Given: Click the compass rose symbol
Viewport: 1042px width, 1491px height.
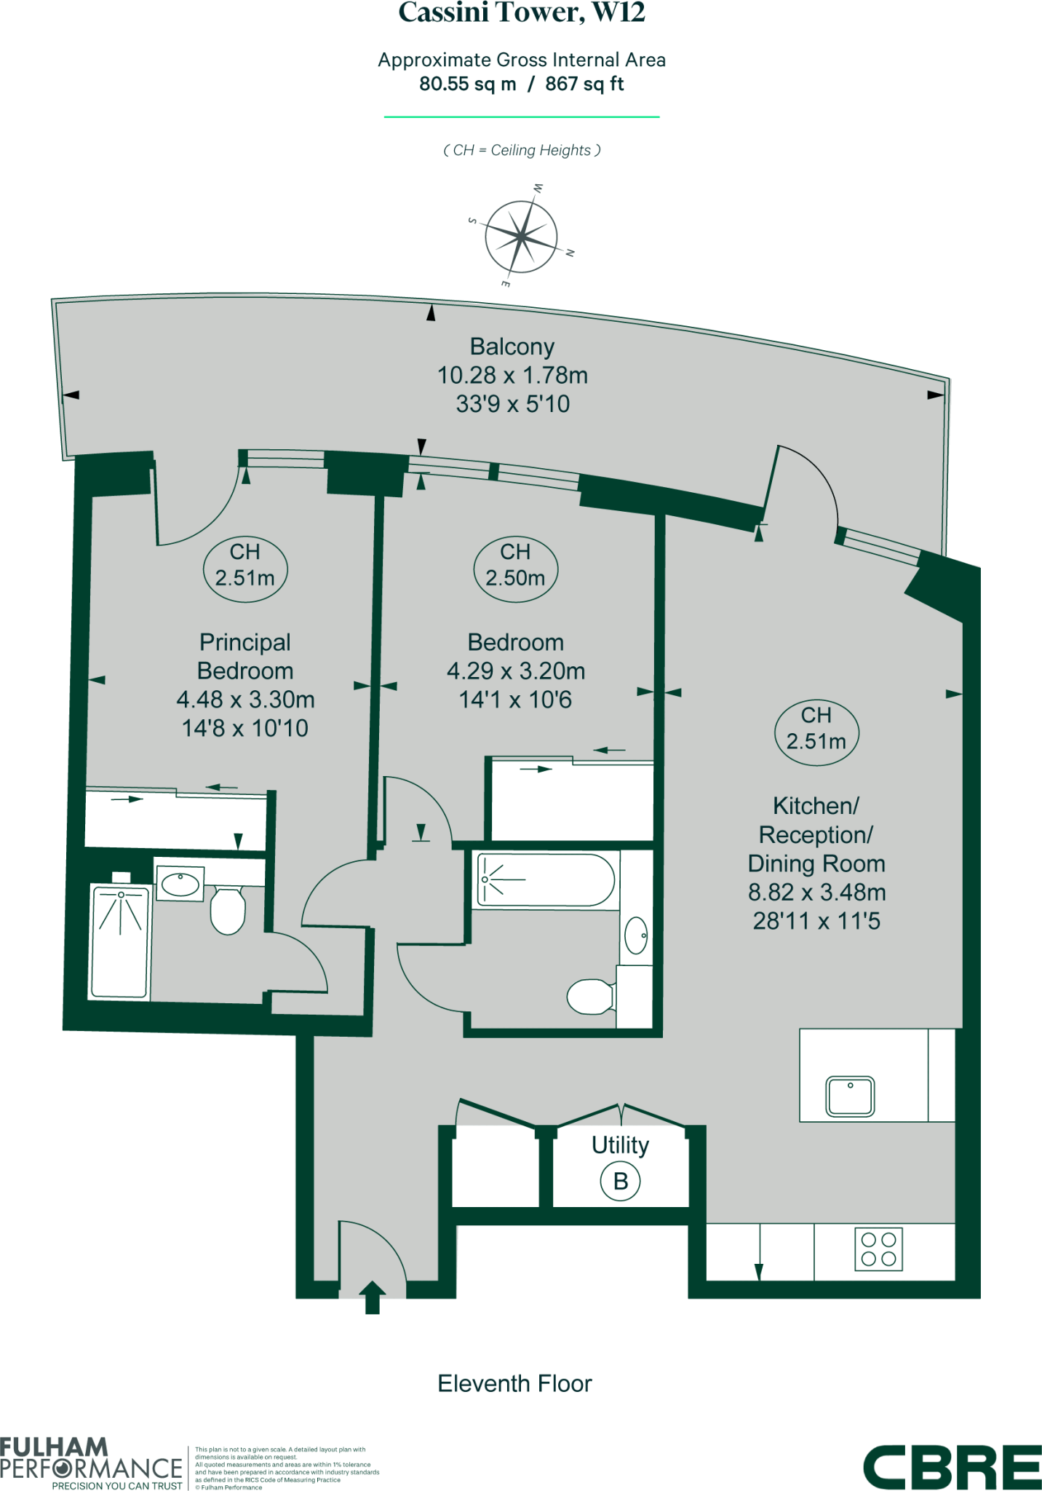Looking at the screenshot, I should pos(521,237).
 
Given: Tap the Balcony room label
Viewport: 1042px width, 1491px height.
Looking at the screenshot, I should pos(512,347).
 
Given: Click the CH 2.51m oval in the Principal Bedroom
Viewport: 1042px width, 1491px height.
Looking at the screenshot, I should pos(245,566).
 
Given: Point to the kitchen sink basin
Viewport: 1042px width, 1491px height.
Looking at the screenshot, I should pos(850,1096).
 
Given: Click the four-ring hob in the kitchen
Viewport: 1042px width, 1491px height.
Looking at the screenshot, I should pos(878,1249).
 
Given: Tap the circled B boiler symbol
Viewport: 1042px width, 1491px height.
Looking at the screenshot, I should pos(620,1181).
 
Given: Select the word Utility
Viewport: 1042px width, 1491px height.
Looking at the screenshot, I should pos(620,1145).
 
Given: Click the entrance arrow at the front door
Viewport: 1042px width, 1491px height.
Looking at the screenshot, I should pos(373,1297).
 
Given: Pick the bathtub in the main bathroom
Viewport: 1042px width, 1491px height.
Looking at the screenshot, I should pos(546,880).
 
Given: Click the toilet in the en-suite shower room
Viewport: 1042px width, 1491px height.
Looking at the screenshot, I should pos(228,910).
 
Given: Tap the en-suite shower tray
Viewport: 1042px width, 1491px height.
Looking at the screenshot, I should pos(119,941).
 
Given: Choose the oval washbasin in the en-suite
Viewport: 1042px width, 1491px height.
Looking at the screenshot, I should pos(180,885).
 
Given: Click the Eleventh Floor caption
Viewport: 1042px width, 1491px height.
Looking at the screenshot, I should pos(514,1383).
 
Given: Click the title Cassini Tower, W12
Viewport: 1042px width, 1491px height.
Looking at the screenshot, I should pos(521,12).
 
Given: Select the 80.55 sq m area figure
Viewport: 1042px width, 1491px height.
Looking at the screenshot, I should pos(467,84).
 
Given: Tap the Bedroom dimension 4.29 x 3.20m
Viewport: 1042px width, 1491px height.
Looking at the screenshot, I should pos(515,671).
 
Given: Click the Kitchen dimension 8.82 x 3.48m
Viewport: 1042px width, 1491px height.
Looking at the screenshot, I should pos(816,892).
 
